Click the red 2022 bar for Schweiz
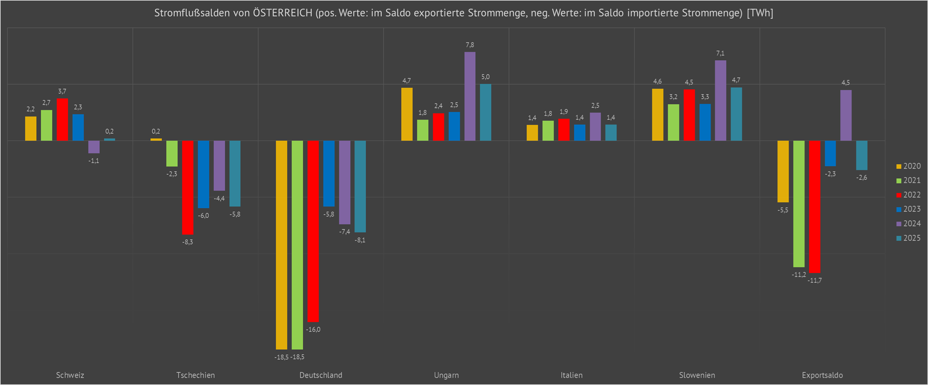click(x=62, y=120)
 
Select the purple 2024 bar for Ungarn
click(x=470, y=96)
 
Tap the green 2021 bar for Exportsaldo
click(x=799, y=204)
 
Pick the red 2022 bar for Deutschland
click(x=313, y=231)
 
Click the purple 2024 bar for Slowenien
click(x=720, y=100)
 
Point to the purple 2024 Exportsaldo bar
click(x=846, y=116)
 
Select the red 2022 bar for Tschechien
click(x=187, y=188)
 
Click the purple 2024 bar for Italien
click(x=595, y=127)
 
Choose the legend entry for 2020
click(x=908, y=166)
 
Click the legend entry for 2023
click(x=908, y=209)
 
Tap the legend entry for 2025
click(x=908, y=238)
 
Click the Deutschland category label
click(x=320, y=375)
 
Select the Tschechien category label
click(x=195, y=375)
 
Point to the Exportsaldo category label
click(x=822, y=375)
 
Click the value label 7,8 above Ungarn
click(x=470, y=45)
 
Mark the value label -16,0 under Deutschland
click(x=313, y=329)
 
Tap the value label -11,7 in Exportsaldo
click(x=814, y=281)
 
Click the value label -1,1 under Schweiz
click(x=94, y=161)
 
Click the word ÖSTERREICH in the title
click(x=283, y=13)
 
